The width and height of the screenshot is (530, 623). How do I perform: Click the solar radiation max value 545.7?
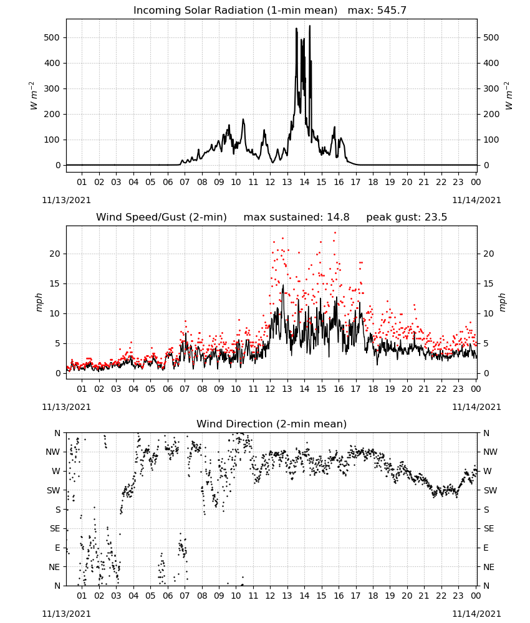tap(392, 11)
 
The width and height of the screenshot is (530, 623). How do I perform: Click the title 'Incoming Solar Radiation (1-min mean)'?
tap(235, 11)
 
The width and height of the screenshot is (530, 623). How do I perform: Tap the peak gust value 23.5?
tap(435, 217)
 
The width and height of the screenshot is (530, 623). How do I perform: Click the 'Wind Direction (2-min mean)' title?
tap(272, 424)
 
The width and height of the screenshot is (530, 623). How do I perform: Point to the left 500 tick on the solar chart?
tap(52, 38)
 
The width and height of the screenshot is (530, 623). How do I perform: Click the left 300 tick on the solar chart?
tap(52, 88)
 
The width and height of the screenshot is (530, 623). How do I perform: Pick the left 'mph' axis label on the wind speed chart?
tap(39, 303)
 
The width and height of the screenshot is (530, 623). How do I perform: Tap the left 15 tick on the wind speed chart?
tap(55, 283)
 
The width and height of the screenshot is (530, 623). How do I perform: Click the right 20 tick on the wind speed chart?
tap(488, 254)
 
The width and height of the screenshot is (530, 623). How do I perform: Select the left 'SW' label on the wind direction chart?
tap(54, 490)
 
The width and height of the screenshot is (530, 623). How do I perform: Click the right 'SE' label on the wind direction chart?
tap(489, 528)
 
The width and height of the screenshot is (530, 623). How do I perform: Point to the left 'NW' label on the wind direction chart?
tap(53, 452)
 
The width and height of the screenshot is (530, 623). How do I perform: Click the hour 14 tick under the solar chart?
tap(304, 182)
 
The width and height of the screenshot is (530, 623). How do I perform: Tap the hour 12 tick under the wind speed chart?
tap(271, 389)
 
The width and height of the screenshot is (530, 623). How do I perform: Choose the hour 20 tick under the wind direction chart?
tap(407, 596)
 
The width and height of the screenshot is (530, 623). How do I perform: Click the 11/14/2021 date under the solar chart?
tap(476, 200)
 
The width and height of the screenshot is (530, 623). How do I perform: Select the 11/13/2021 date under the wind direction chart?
tap(66, 614)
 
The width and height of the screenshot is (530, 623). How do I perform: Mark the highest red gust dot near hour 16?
tap(335, 233)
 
